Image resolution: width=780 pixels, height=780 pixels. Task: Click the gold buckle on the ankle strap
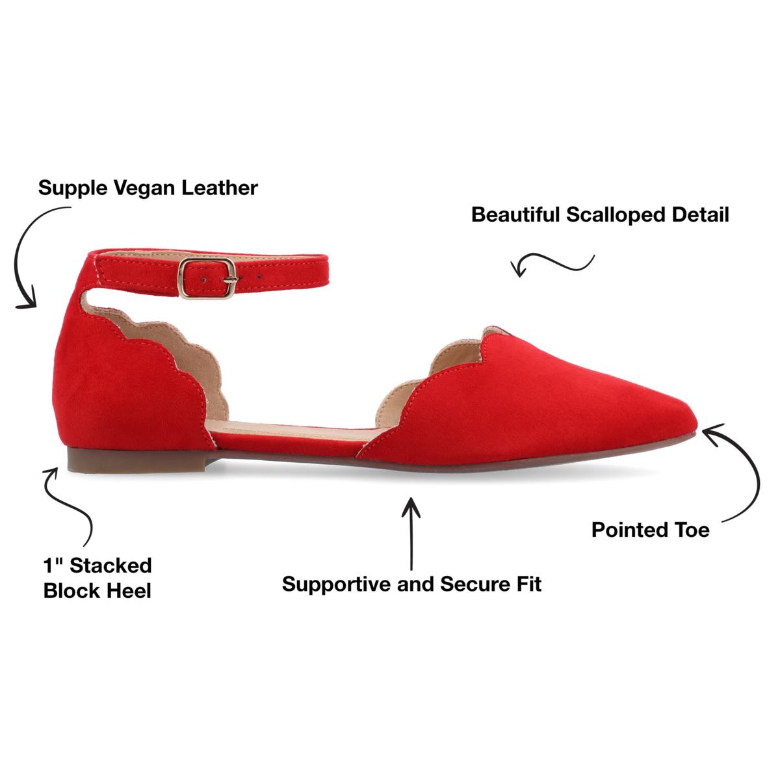click(x=207, y=278)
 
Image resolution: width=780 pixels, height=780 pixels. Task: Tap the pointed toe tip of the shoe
click(x=696, y=422)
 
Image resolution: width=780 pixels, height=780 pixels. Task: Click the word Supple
click(x=73, y=189)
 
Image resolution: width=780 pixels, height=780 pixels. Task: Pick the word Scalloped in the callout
click(x=616, y=216)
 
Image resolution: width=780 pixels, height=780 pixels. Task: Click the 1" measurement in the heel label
click(x=53, y=565)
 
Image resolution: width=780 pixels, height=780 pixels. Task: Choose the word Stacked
click(x=110, y=565)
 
